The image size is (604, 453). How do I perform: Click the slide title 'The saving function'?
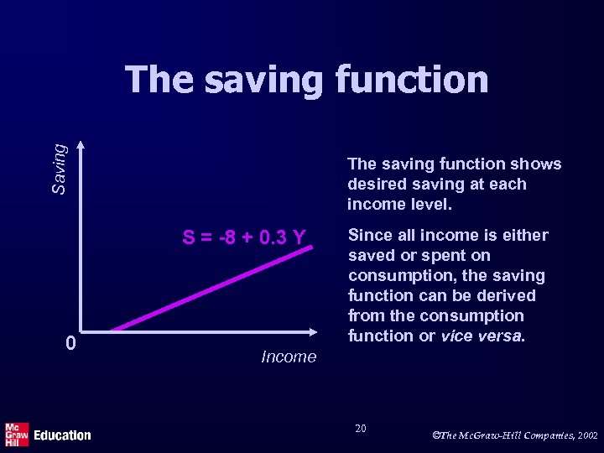(306, 81)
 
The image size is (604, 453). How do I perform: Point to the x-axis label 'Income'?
(289, 357)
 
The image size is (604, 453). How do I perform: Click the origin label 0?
(72, 343)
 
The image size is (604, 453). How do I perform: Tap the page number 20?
(360, 429)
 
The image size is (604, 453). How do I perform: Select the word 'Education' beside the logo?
(62, 435)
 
